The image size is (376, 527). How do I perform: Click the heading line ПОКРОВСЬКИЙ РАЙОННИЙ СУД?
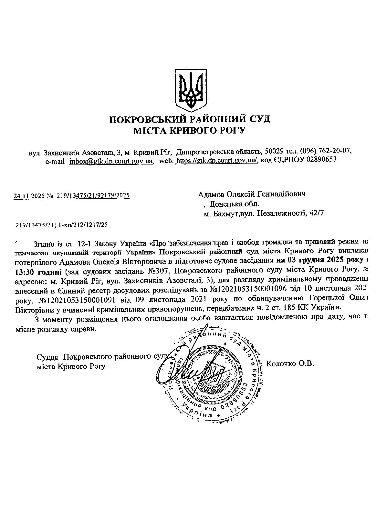click(x=190, y=120)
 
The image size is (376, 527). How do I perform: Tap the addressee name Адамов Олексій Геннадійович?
click(x=252, y=194)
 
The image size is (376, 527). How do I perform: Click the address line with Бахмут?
click(x=264, y=213)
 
